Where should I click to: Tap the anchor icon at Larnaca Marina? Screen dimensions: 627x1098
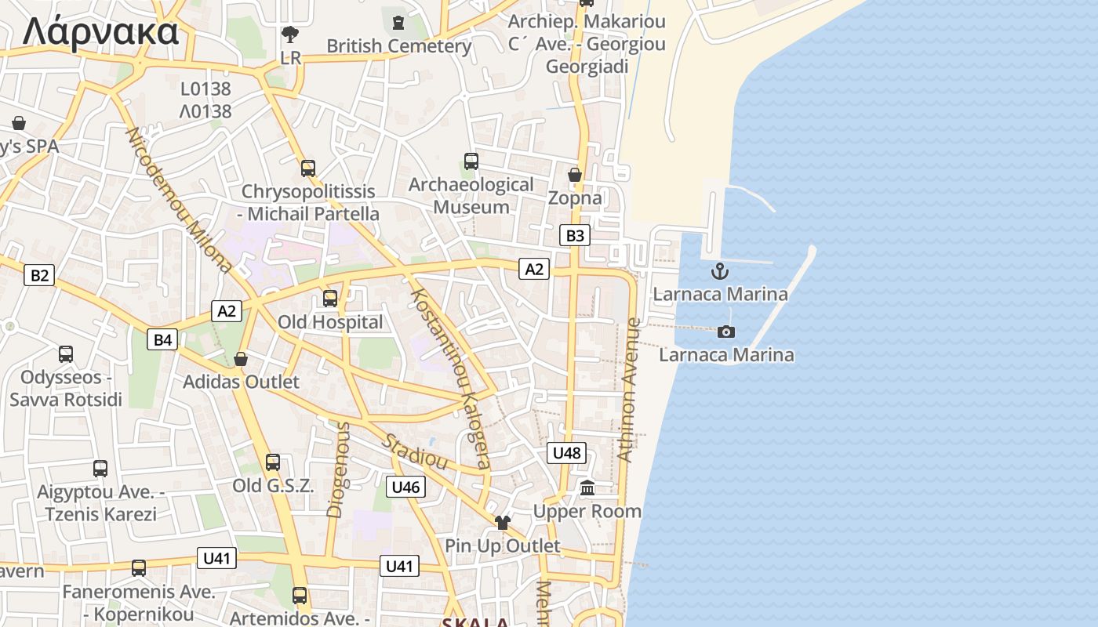click(x=719, y=272)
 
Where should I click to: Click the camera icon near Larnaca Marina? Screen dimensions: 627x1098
click(x=726, y=332)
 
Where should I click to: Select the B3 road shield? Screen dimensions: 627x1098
click(x=575, y=235)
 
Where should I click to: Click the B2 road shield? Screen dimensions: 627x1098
click(x=39, y=275)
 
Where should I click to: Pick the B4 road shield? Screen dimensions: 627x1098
click(x=162, y=339)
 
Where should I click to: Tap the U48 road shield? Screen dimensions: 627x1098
click(x=566, y=452)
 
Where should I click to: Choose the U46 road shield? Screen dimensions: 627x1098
click(x=406, y=487)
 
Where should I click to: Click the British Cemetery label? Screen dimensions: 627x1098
click(x=398, y=45)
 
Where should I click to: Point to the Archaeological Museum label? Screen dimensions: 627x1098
click(x=471, y=196)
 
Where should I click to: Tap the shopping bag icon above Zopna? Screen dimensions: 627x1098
click(x=575, y=175)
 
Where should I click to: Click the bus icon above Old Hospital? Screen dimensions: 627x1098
click(x=330, y=298)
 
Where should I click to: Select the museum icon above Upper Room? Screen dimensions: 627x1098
click(x=587, y=488)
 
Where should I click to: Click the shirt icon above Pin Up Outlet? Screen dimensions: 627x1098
click(x=502, y=523)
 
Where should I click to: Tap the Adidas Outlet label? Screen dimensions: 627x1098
click(x=241, y=382)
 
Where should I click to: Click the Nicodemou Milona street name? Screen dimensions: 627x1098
click(x=180, y=201)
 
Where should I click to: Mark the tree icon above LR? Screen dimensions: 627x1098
click(x=290, y=34)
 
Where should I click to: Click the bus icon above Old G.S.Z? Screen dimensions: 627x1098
click(x=273, y=462)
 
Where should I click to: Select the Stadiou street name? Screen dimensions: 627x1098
click(x=414, y=451)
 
